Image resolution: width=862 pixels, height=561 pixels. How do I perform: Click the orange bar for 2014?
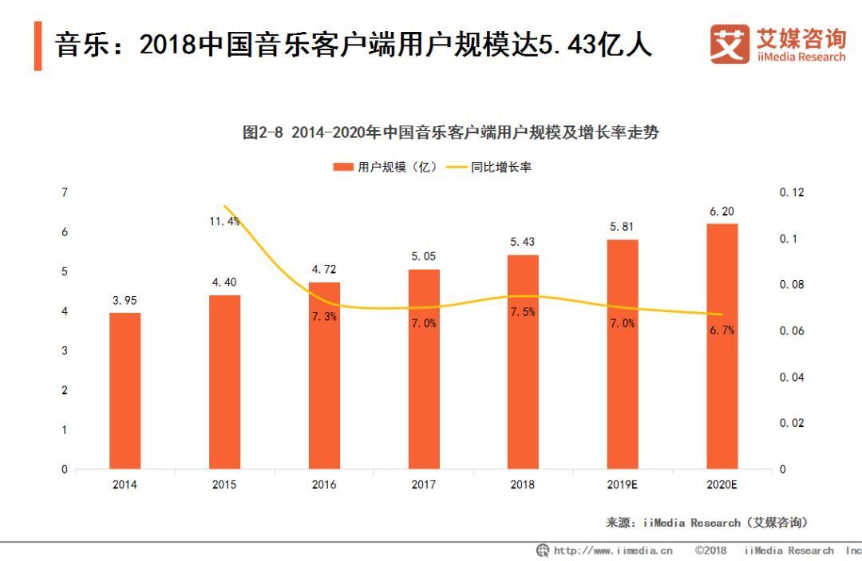[125, 390]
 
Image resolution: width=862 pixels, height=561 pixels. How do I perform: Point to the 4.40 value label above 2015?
[224, 282]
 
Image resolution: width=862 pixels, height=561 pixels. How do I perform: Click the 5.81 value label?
[623, 227]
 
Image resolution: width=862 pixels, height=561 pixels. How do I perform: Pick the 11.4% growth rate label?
[224, 221]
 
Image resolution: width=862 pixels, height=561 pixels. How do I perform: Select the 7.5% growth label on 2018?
[523, 312]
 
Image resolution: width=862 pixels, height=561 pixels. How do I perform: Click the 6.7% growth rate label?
[722, 330]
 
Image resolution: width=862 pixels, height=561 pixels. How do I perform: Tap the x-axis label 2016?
[324, 484]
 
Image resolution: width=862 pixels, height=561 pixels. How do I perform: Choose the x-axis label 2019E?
[623, 484]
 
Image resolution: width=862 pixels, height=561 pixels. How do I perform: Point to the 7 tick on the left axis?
[64, 192]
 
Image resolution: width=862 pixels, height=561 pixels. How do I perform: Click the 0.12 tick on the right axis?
[793, 192]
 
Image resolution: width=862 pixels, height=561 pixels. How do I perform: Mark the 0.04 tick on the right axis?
[793, 377]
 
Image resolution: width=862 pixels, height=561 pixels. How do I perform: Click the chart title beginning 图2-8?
[450, 133]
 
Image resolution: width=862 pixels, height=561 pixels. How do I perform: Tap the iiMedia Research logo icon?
[730, 44]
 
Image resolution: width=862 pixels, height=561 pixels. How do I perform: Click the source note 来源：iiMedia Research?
[707, 523]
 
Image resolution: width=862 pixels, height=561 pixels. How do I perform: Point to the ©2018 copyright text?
[710, 551]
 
